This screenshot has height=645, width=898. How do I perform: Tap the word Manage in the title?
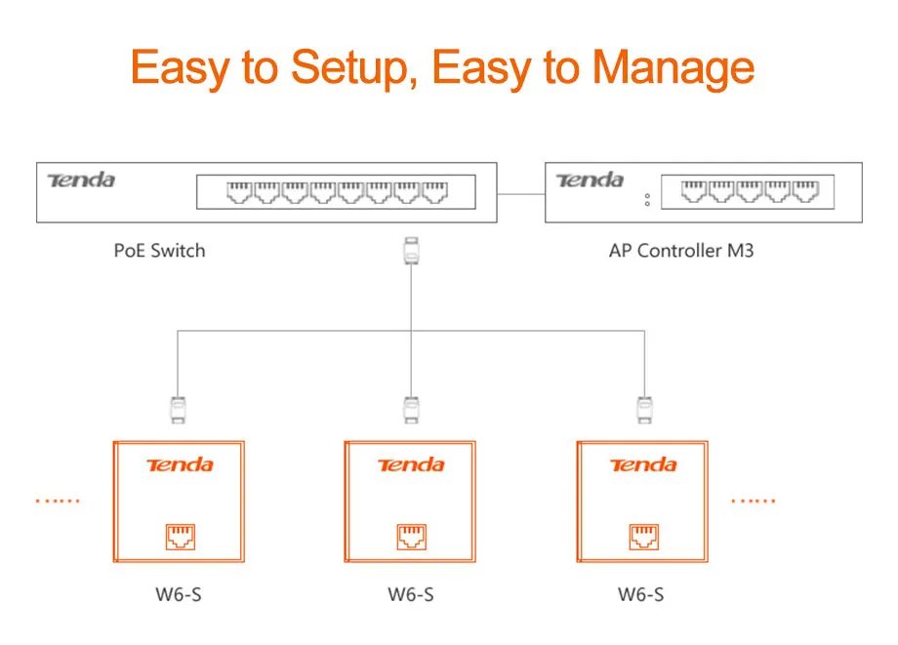click(x=673, y=68)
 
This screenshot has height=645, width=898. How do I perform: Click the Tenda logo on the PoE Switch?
click(x=81, y=181)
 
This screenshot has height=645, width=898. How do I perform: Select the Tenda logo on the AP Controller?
click(x=590, y=181)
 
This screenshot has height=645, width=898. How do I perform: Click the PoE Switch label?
click(x=159, y=251)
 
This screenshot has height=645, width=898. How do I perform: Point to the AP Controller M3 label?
click(x=681, y=251)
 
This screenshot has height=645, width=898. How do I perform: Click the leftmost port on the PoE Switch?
click(x=239, y=192)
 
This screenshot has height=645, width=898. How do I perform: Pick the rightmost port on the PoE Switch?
click(x=434, y=192)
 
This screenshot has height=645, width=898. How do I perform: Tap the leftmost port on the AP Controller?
click(x=694, y=191)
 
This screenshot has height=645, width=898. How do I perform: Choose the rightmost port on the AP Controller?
click(x=805, y=191)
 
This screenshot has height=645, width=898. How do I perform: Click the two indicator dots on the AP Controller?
click(x=647, y=200)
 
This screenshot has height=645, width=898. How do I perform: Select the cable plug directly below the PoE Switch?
click(x=411, y=251)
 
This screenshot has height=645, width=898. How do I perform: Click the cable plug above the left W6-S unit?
click(x=178, y=410)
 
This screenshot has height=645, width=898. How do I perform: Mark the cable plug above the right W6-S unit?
click(x=645, y=410)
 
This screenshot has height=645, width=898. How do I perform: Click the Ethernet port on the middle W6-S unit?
click(x=412, y=537)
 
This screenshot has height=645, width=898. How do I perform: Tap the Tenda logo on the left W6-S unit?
click(x=180, y=464)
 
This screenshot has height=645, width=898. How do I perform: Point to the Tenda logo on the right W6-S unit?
click(x=643, y=464)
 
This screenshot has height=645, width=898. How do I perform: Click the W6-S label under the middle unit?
click(x=411, y=594)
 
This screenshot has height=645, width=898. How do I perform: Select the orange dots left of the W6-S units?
click(x=58, y=501)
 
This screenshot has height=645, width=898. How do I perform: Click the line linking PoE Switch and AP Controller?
click(x=521, y=194)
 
